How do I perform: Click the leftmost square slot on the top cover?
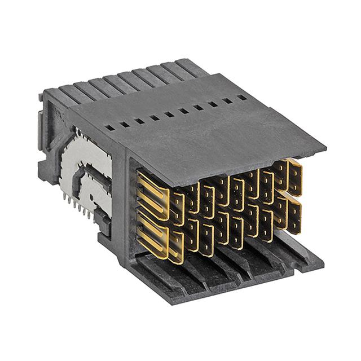tap(112, 128)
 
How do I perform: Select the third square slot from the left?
tap(139, 121)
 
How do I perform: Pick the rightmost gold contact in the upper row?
tap(294, 177)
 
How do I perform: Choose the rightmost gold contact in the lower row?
tap(294, 215)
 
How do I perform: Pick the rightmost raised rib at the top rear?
tap(189, 64)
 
